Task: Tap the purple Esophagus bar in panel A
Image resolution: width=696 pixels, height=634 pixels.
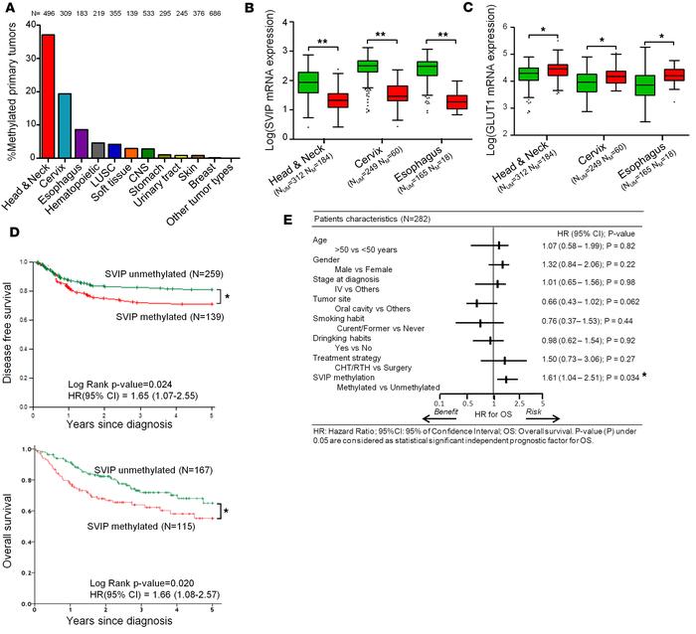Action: click(x=82, y=144)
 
